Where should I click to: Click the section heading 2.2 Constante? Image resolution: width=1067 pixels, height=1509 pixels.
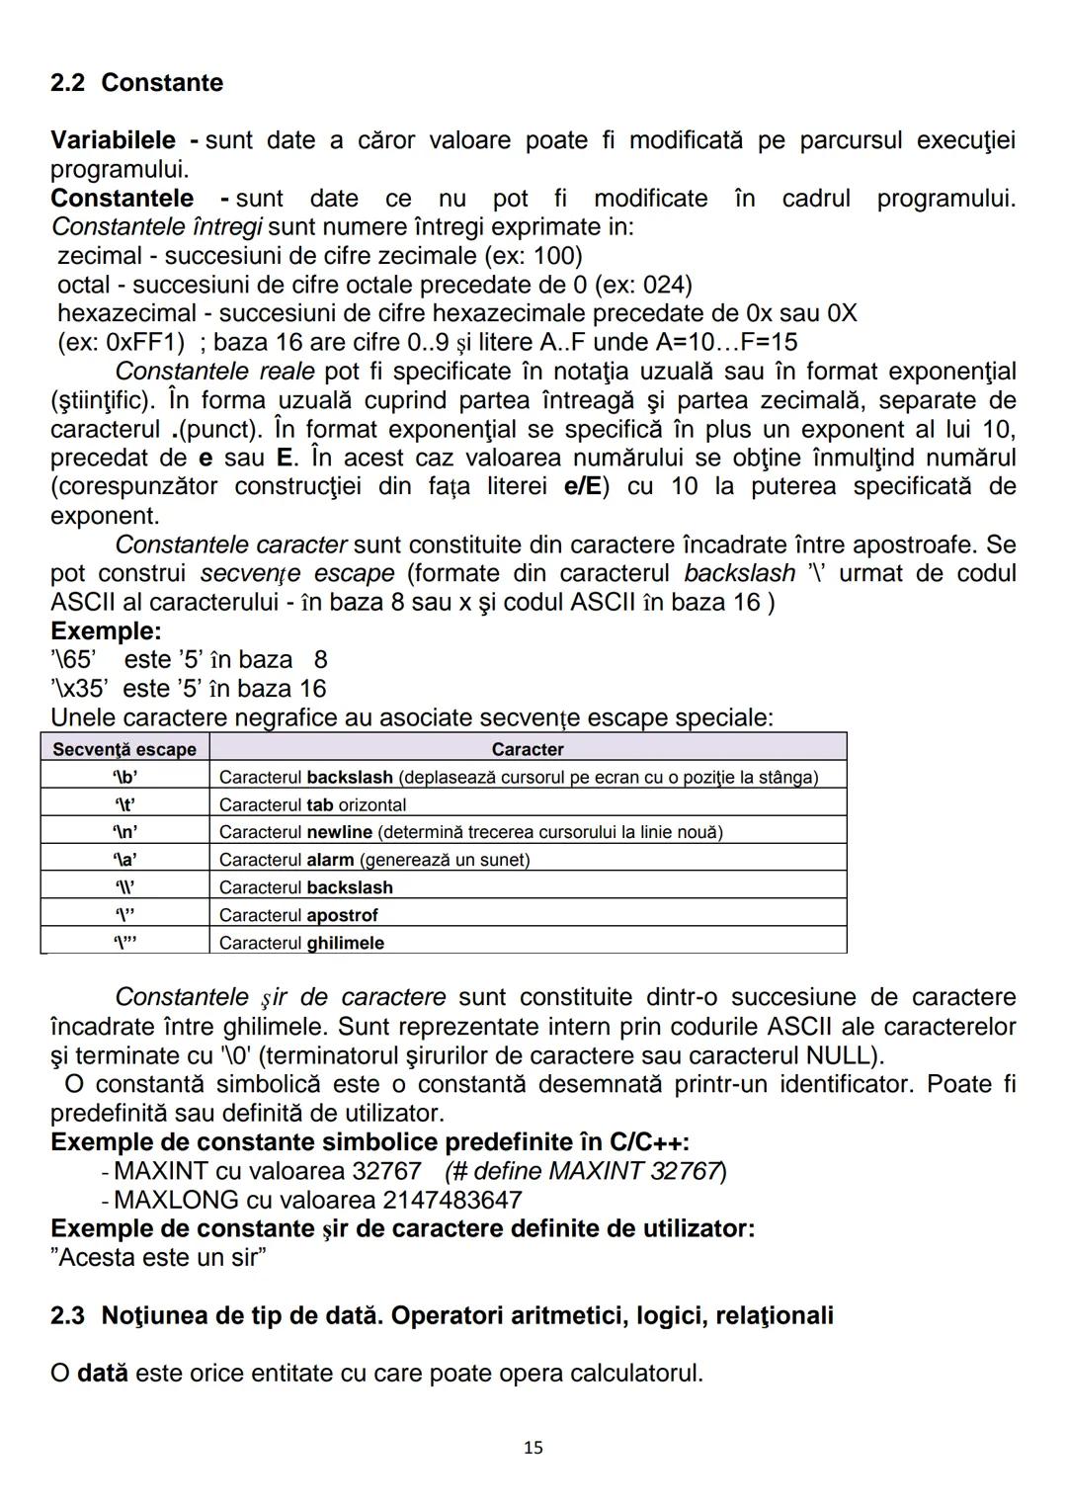(x=136, y=83)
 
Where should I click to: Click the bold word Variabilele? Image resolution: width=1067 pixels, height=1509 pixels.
(x=113, y=140)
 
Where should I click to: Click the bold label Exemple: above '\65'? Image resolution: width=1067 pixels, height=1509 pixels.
(x=106, y=630)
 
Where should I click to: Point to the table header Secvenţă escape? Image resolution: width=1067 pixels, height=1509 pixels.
(x=124, y=749)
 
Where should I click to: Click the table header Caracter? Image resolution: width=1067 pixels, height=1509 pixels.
(x=528, y=749)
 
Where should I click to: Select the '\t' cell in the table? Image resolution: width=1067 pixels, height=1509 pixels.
(x=124, y=804)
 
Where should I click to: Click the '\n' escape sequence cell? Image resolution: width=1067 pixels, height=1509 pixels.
(x=124, y=832)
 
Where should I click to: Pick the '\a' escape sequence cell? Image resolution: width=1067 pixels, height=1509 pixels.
(x=124, y=860)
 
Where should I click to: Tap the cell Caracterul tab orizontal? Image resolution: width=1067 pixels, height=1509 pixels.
(x=312, y=804)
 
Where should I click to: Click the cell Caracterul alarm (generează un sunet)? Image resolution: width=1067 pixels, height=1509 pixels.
(x=373, y=860)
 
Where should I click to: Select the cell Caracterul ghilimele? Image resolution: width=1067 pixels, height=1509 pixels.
(x=301, y=943)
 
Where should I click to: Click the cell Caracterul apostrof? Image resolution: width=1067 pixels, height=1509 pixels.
(x=298, y=915)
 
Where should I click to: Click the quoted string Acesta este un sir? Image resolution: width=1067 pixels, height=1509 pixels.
(x=159, y=1258)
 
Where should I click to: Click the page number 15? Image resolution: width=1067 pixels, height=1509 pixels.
(x=533, y=1448)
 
